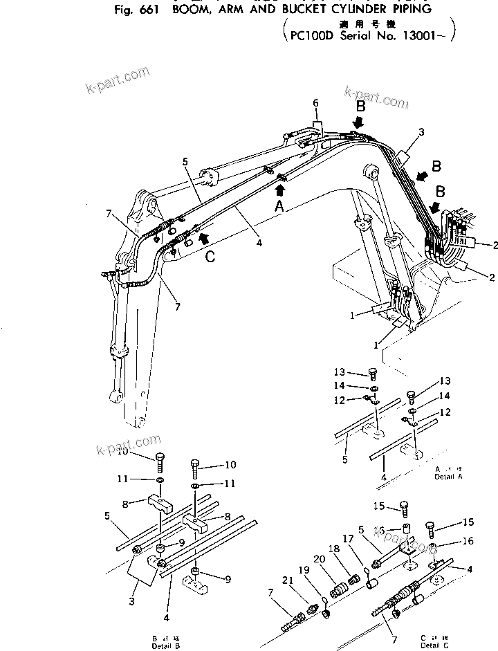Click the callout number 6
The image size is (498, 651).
pyautogui.click(x=315, y=103)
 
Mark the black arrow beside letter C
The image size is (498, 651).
pyautogui.click(x=202, y=237)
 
